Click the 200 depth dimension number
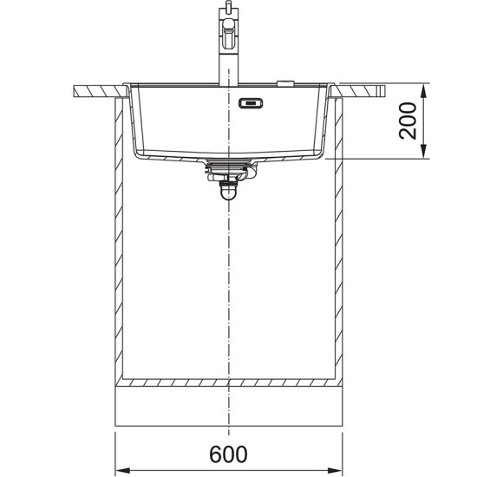pos(408,121)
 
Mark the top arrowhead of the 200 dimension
pos(423,90)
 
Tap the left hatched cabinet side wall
pos(120,243)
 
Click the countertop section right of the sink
pos(363,89)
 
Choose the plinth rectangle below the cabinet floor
pos(229,408)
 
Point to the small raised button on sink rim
pos(283,83)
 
